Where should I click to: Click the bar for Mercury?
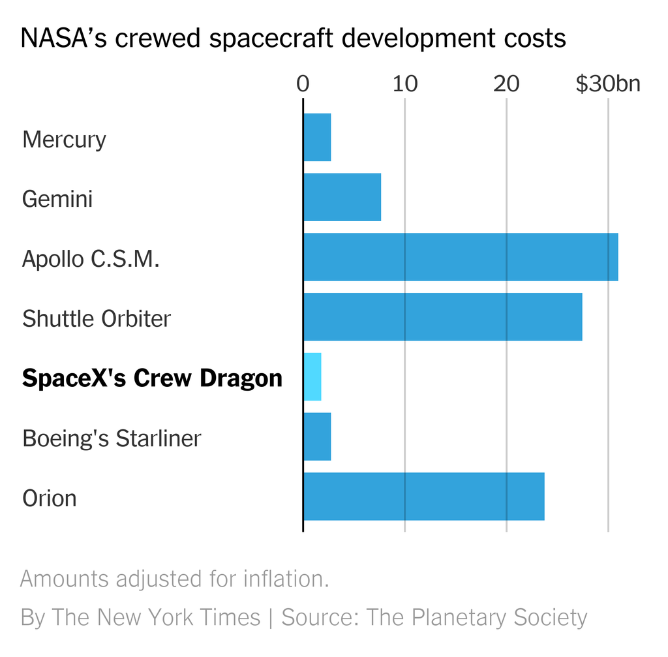318,137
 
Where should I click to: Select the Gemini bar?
342,197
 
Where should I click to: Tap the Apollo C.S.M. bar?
461,257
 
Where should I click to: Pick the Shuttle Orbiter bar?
443,316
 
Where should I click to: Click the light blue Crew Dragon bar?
312,376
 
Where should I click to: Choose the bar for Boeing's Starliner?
318,436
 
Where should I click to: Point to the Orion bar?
424,497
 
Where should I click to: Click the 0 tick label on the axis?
303,84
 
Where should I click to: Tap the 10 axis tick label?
404,84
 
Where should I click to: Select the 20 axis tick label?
506,84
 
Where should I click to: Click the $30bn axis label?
608,84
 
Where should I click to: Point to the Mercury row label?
64,140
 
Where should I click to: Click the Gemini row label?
57,199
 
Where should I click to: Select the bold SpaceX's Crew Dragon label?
152,378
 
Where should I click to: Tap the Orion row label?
50,498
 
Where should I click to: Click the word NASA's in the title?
63,38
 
